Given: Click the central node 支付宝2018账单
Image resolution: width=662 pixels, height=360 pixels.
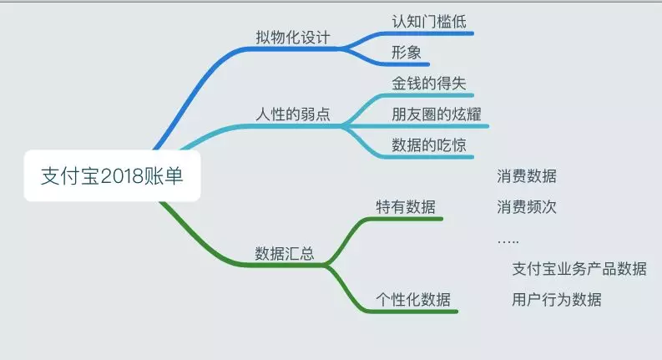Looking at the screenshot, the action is click(112, 176).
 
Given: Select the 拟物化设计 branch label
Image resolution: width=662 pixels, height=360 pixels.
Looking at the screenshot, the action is click(292, 38).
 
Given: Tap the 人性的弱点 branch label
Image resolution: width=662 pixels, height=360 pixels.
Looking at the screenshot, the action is click(292, 114).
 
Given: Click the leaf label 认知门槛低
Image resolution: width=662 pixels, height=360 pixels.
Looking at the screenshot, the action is click(429, 21).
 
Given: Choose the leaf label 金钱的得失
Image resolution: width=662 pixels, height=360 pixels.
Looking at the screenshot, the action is click(429, 84).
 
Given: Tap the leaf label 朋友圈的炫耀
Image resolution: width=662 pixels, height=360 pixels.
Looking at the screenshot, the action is click(436, 114).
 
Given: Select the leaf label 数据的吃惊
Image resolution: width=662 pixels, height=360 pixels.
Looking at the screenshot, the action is click(429, 145).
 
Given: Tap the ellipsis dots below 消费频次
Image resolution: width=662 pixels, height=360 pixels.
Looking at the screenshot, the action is click(508, 241).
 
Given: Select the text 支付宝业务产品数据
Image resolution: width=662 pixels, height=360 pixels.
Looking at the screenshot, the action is click(579, 268).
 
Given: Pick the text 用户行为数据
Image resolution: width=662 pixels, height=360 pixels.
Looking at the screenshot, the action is click(556, 299).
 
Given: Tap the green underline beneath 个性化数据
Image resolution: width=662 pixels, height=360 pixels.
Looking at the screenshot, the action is click(413, 312).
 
